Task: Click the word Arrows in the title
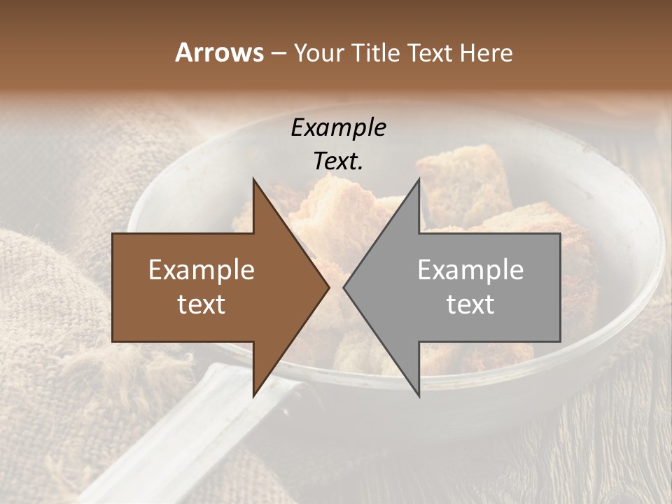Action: click(218, 52)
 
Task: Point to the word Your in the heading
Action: click(318, 52)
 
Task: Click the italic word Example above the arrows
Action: click(338, 127)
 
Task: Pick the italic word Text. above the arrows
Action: click(338, 161)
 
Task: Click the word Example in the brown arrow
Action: click(202, 269)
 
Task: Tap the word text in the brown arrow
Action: click(202, 304)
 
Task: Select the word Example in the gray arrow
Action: click(470, 269)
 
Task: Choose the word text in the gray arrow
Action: click(470, 304)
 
